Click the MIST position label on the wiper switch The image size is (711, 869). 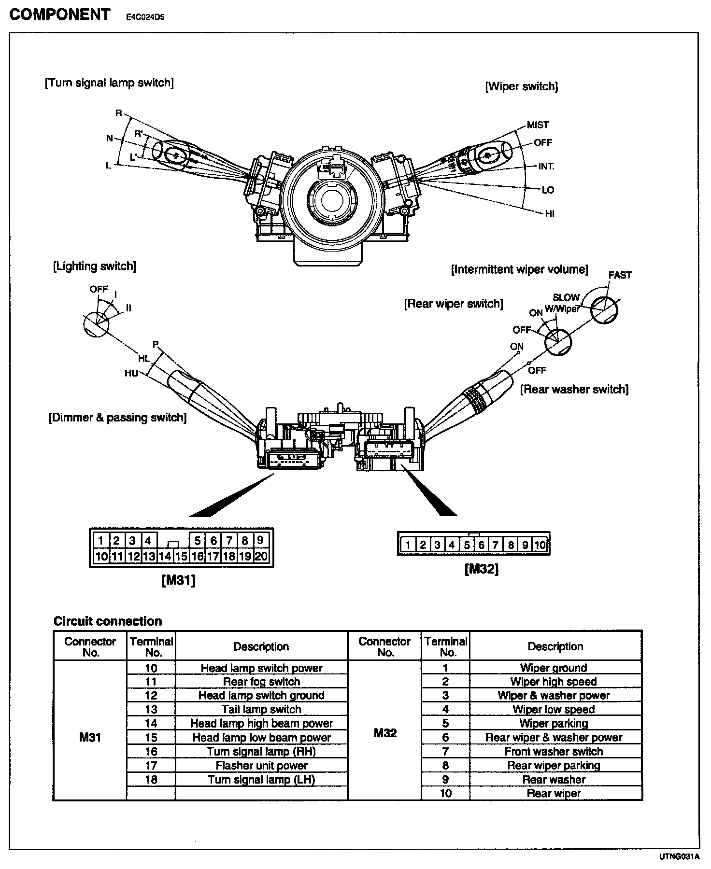click(538, 125)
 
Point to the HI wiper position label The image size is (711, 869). click(549, 214)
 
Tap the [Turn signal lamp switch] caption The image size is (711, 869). click(109, 83)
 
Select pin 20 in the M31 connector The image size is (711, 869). click(261, 556)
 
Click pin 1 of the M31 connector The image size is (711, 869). click(101, 540)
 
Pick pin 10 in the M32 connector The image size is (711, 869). click(540, 545)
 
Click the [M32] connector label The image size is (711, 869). click(482, 569)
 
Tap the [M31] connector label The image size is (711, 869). click(179, 581)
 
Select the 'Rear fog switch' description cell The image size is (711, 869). click(261, 682)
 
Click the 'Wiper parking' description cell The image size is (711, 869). click(554, 723)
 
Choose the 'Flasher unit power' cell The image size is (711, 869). click(261, 765)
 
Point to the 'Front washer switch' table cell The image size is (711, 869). click(554, 751)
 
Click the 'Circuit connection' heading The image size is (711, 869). click(108, 621)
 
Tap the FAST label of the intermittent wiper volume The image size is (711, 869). click(620, 275)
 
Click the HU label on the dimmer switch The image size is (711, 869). click(131, 373)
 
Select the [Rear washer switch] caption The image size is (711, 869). click(574, 390)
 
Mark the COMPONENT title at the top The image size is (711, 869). click(60, 15)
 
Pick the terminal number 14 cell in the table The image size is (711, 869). click(151, 723)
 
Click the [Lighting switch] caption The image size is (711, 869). click(95, 266)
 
